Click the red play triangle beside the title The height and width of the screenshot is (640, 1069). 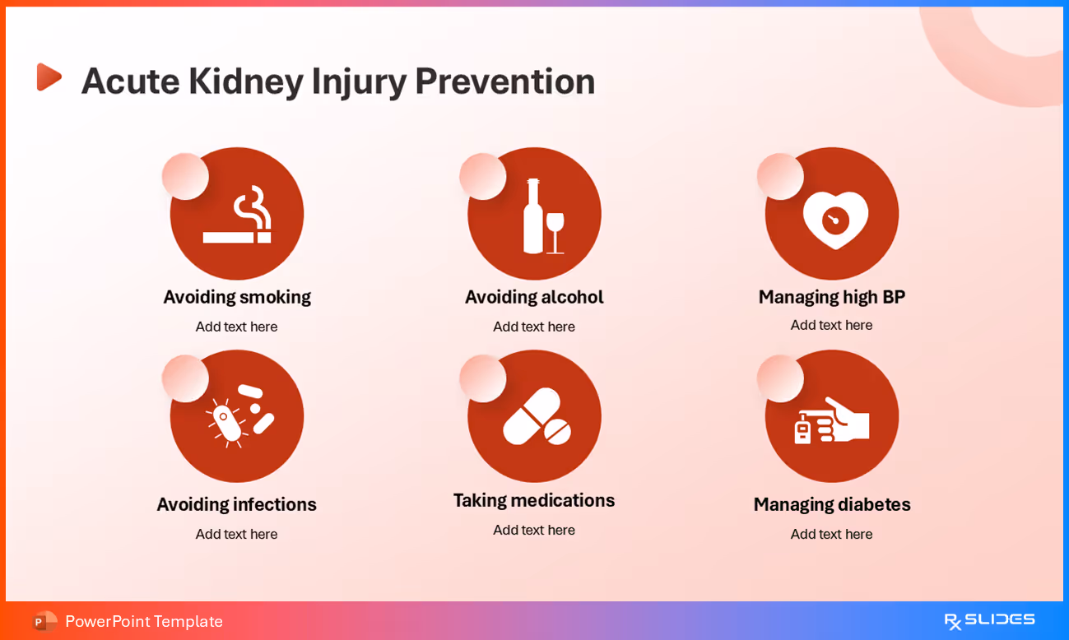49,77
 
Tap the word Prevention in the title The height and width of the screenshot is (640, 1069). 504,81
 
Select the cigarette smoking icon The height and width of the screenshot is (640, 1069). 237,215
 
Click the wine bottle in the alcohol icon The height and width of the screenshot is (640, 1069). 532,217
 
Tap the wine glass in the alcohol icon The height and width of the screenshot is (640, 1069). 555,231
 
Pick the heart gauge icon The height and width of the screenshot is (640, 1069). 835,219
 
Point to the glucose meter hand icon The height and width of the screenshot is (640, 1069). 831,420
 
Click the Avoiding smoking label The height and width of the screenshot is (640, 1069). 237,297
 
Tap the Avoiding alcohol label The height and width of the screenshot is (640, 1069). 534,297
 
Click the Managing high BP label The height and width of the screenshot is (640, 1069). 831,297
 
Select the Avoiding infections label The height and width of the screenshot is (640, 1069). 236,504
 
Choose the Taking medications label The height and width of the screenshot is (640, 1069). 534,500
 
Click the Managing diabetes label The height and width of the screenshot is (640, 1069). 831,504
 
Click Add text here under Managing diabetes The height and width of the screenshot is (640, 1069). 831,534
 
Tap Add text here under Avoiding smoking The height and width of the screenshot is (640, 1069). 236,327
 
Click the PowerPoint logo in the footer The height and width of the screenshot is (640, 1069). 44,621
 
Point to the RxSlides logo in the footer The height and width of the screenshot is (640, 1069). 989,620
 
